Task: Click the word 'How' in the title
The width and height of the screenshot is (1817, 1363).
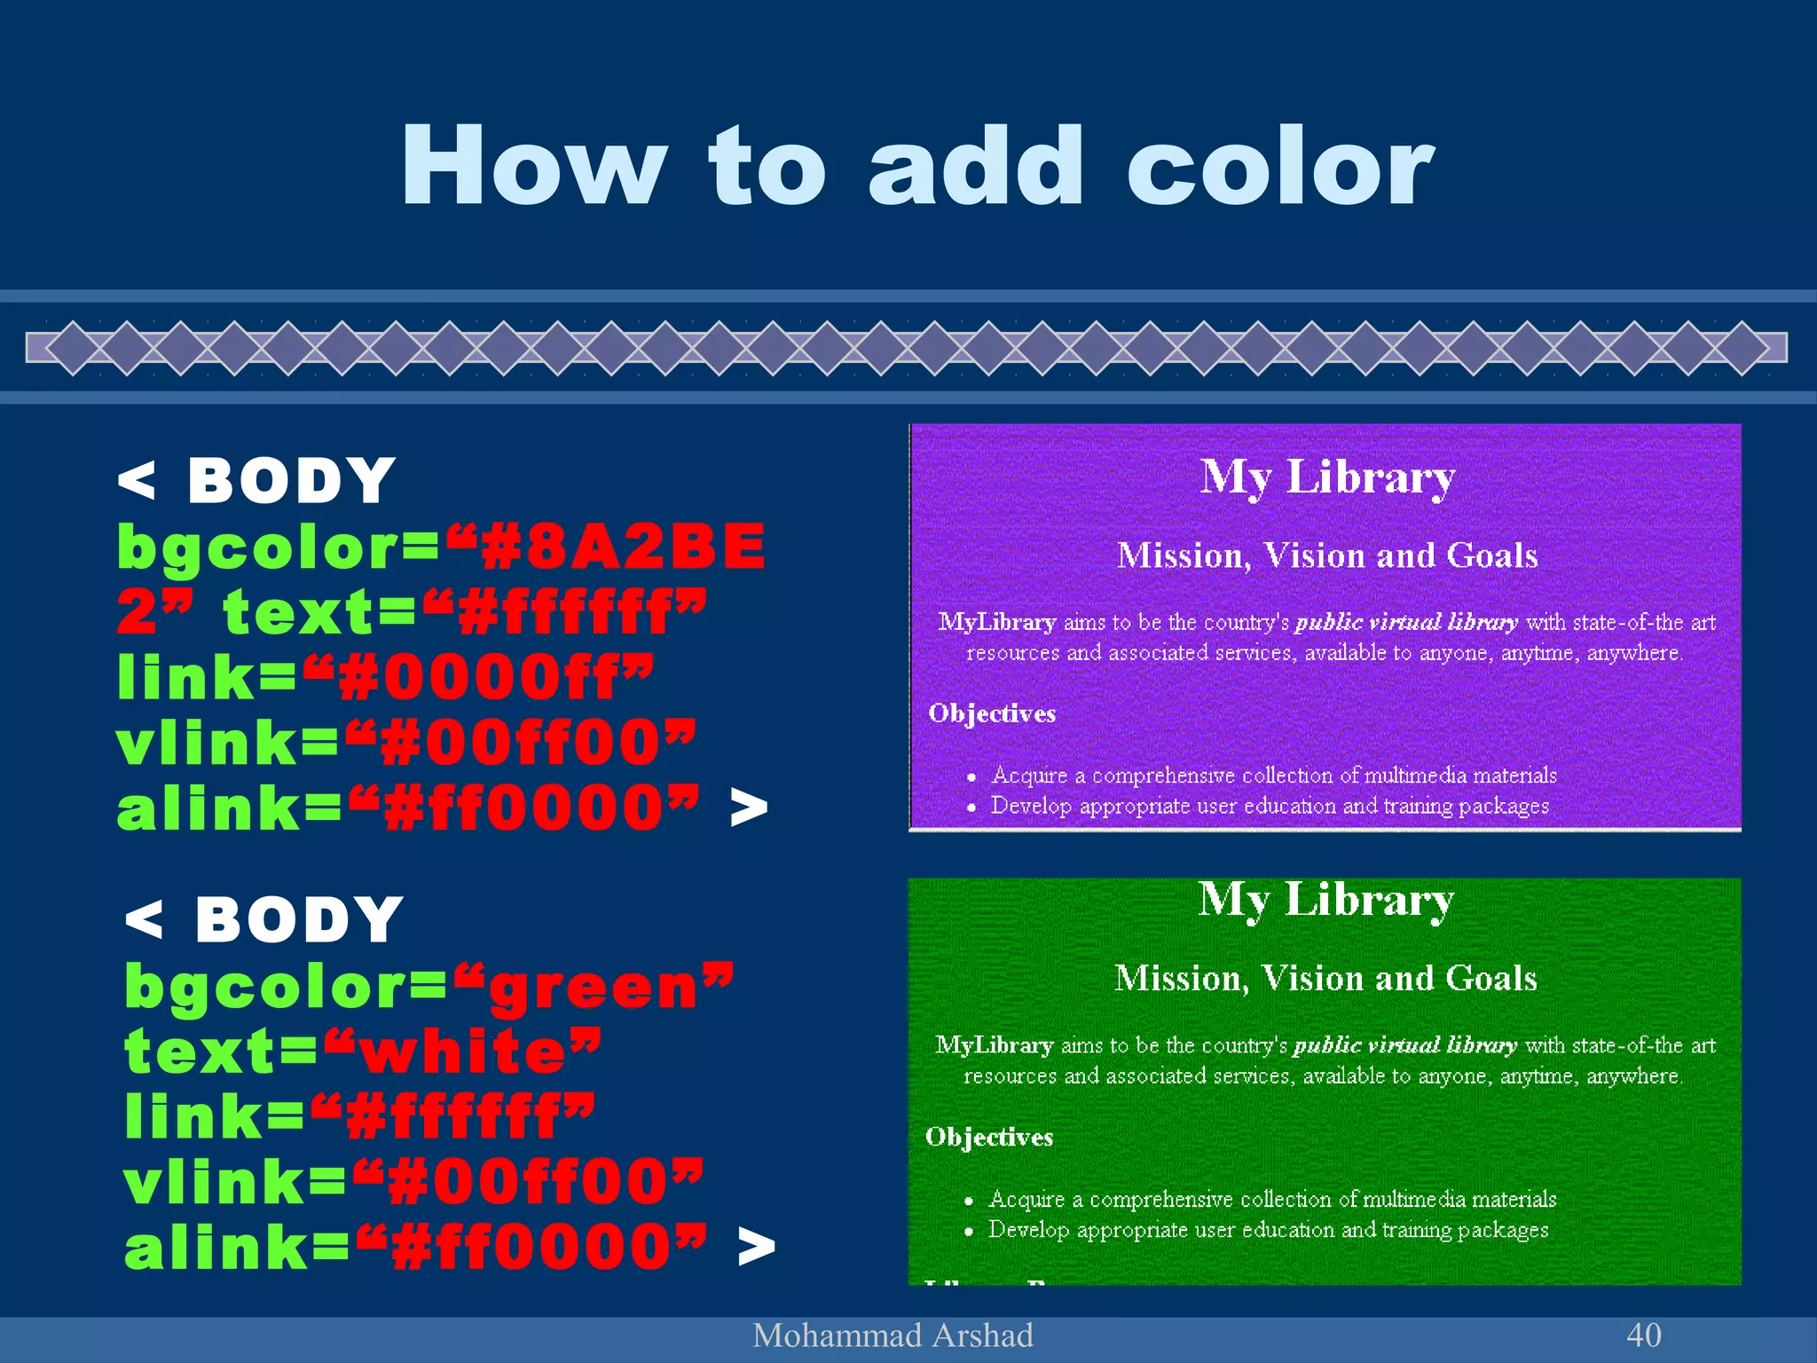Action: click(x=532, y=167)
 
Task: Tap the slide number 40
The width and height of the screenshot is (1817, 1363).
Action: click(x=1643, y=1335)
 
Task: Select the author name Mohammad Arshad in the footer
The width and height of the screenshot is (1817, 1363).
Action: click(x=893, y=1335)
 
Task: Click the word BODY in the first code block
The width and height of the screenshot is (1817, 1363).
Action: click(x=291, y=482)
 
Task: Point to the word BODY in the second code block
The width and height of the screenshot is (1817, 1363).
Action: click(x=299, y=920)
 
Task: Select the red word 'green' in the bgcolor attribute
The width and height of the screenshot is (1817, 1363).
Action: click(x=594, y=987)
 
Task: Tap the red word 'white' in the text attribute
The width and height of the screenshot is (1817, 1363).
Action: click(x=463, y=1052)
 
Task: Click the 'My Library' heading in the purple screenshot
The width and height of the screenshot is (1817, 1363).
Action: click(x=1327, y=477)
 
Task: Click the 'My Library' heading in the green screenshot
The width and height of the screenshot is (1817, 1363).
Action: click(x=1325, y=900)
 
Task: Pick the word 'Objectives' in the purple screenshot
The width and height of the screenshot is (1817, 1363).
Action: click(x=992, y=713)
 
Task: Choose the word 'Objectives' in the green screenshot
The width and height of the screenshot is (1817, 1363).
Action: click(x=989, y=1137)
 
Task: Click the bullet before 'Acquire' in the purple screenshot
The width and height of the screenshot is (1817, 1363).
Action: click(x=971, y=777)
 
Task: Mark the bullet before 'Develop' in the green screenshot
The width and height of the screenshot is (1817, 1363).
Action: click(x=969, y=1232)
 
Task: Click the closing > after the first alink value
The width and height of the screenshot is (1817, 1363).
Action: click(x=749, y=808)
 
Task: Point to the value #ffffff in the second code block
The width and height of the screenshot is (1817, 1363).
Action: click(x=453, y=1118)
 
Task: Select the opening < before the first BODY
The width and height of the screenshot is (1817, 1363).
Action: click(x=137, y=482)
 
